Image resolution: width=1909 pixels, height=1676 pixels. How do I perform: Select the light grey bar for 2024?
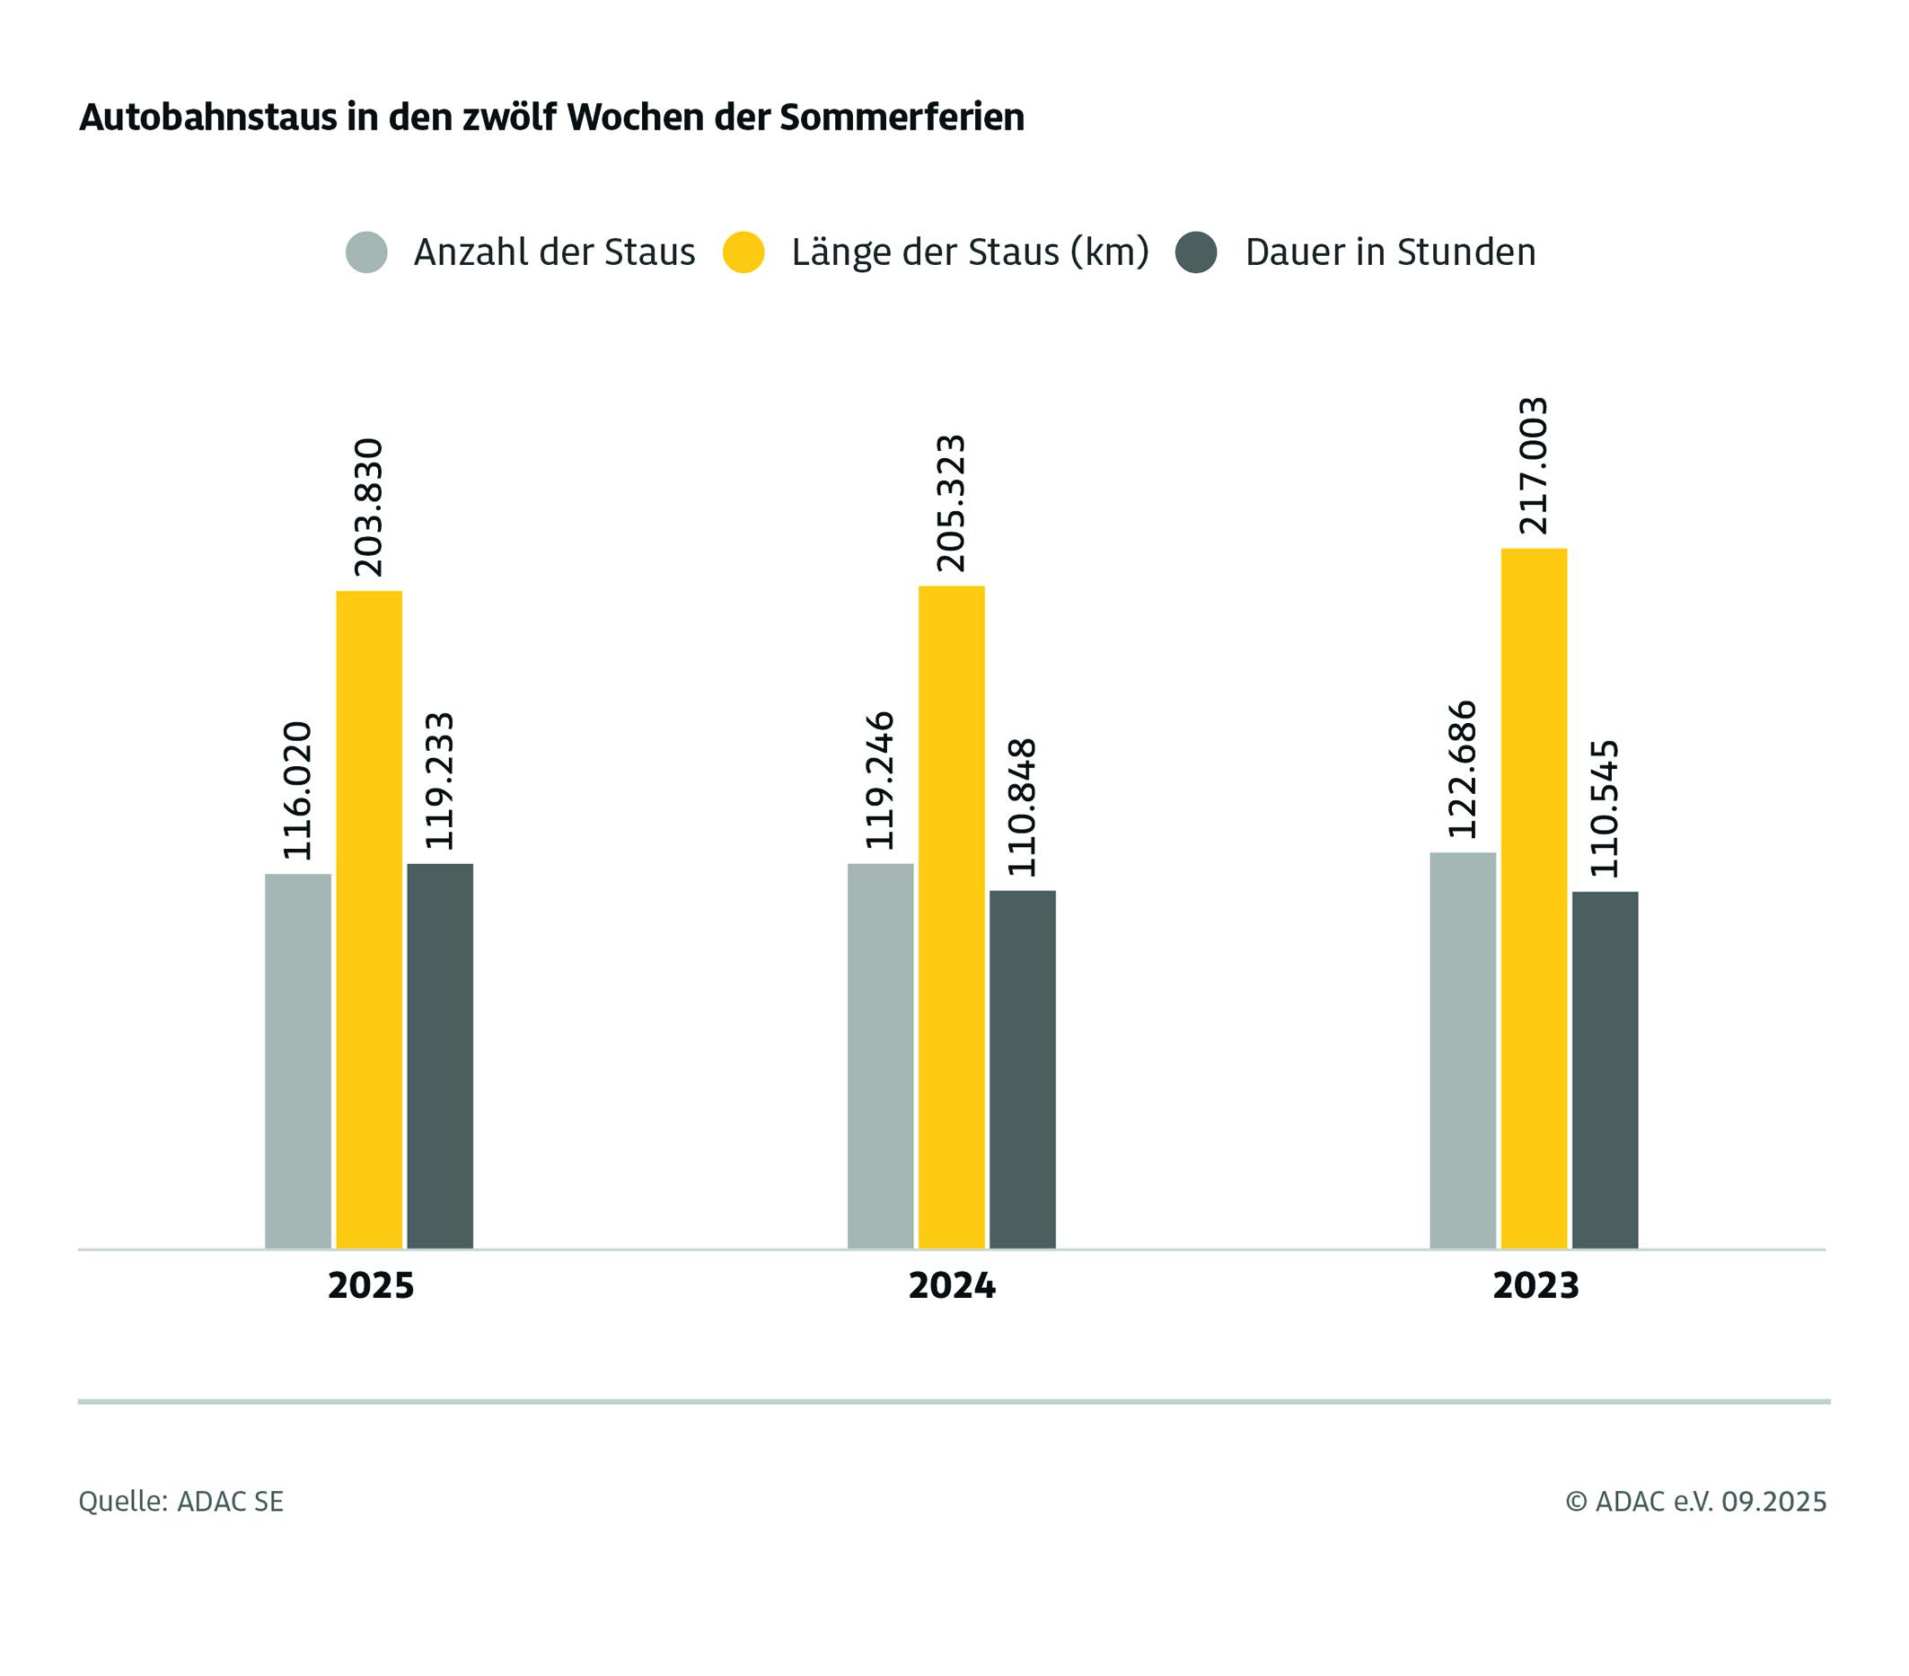[x=880, y=1054]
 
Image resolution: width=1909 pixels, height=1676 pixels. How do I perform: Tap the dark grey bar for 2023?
[x=1605, y=1069]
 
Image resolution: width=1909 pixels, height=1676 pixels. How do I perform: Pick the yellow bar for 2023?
[x=1534, y=897]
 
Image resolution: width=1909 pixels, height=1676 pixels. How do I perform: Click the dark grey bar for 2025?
[x=440, y=1054]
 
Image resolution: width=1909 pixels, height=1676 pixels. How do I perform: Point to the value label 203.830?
[x=369, y=507]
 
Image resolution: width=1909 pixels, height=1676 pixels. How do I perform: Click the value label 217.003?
[x=1534, y=465]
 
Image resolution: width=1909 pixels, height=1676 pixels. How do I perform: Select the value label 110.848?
[x=1023, y=807]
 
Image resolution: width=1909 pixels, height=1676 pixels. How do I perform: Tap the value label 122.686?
[x=1463, y=769]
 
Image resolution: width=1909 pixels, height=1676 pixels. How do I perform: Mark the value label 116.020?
[x=298, y=790]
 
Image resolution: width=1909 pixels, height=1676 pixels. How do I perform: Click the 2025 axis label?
[x=371, y=1285]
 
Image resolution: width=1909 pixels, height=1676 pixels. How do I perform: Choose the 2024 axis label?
[x=952, y=1285]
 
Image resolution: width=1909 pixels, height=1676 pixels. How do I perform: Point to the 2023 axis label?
[x=1535, y=1285]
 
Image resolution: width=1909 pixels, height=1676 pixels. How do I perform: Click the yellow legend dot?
[x=743, y=252]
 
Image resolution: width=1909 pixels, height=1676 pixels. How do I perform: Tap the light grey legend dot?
[x=366, y=252]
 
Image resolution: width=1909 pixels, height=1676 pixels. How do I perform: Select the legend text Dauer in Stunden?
[x=1390, y=252]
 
